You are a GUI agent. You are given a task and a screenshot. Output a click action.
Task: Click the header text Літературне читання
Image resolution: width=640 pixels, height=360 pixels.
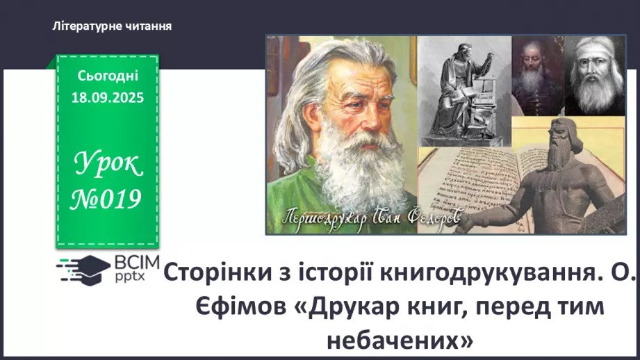[x=112, y=26]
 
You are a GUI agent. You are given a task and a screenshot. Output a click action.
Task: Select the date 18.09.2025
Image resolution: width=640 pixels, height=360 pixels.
[x=108, y=98]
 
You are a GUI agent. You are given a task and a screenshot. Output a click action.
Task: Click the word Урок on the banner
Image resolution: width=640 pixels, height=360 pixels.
[x=108, y=165]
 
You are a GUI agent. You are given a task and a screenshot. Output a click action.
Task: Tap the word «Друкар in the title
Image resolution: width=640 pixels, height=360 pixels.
[x=338, y=307]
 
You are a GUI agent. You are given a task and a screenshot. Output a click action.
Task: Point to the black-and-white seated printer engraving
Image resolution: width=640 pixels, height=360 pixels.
[x=463, y=90]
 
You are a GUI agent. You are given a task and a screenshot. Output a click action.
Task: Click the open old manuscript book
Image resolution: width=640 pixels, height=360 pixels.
[x=466, y=188]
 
